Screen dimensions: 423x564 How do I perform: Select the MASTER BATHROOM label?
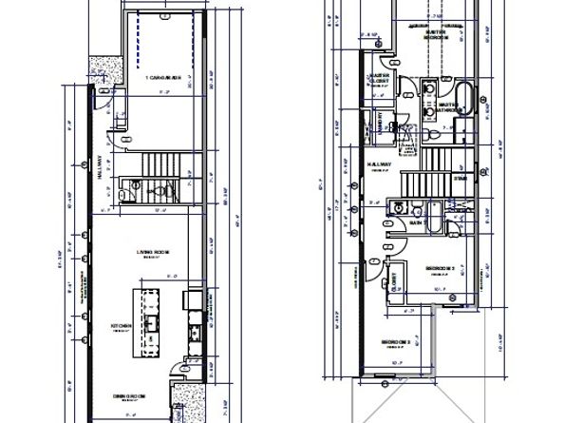pyautogui.click(x=449, y=108)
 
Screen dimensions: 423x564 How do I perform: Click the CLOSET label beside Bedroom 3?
pyautogui.click(x=392, y=281)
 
